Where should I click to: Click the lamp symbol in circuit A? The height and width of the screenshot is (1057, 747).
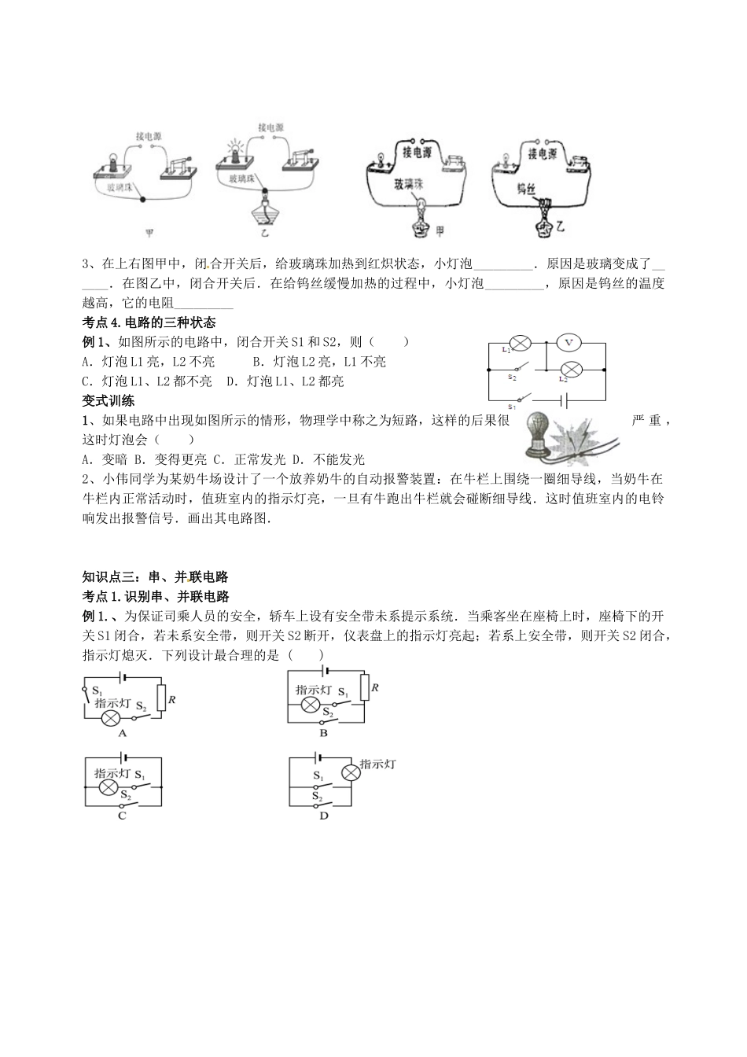pyautogui.click(x=112, y=719)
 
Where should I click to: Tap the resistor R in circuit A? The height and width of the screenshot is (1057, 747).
pyautogui.click(x=160, y=697)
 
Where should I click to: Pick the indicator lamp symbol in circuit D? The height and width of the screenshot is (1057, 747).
pyautogui.click(x=348, y=774)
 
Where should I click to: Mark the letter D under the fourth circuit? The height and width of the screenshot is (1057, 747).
pyautogui.click(x=323, y=816)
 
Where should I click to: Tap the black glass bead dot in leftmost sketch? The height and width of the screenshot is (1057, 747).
pyautogui.click(x=142, y=199)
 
